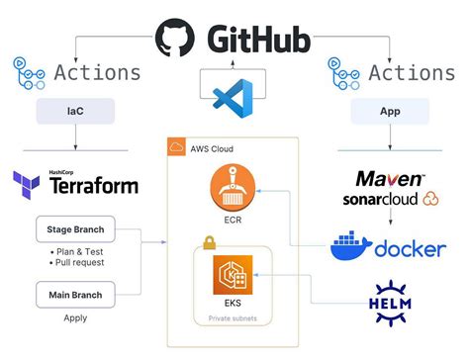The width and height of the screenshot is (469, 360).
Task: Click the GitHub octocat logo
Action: pos(175,38)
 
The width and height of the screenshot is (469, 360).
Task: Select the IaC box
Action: pos(75,113)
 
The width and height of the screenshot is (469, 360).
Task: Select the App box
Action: pos(389,113)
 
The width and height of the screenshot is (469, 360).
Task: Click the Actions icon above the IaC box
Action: pos(24,72)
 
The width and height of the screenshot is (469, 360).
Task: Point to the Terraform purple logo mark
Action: pos(26,183)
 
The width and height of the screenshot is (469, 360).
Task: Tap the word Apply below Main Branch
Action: pos(74,318)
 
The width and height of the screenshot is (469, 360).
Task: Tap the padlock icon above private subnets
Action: pos(209,242)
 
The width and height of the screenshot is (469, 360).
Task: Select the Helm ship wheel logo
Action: pos(390,305)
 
